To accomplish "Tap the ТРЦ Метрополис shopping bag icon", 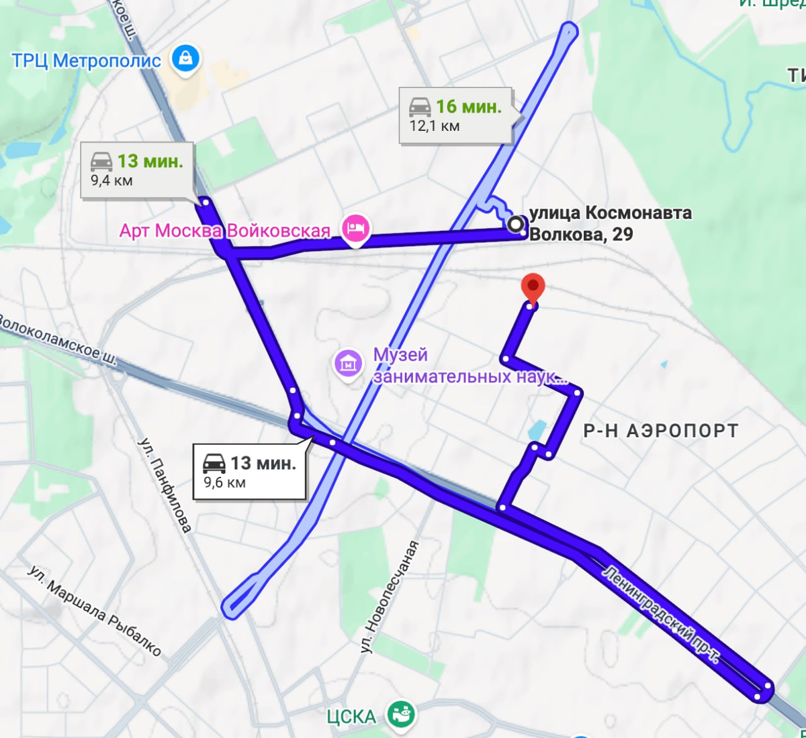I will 185,58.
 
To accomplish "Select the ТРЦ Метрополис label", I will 87,60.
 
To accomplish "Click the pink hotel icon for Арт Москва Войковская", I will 355,229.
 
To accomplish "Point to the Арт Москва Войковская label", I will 224,231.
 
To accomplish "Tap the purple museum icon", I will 348,365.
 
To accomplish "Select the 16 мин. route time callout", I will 468,107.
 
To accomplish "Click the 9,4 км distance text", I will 111,180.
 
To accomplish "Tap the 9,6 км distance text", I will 224,482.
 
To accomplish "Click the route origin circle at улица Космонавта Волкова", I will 516,224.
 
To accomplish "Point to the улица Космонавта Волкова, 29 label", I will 610,223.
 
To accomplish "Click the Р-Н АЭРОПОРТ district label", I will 660,431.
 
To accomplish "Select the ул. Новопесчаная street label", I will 390,596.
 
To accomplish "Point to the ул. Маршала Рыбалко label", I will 95,611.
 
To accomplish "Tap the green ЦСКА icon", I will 402,715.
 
